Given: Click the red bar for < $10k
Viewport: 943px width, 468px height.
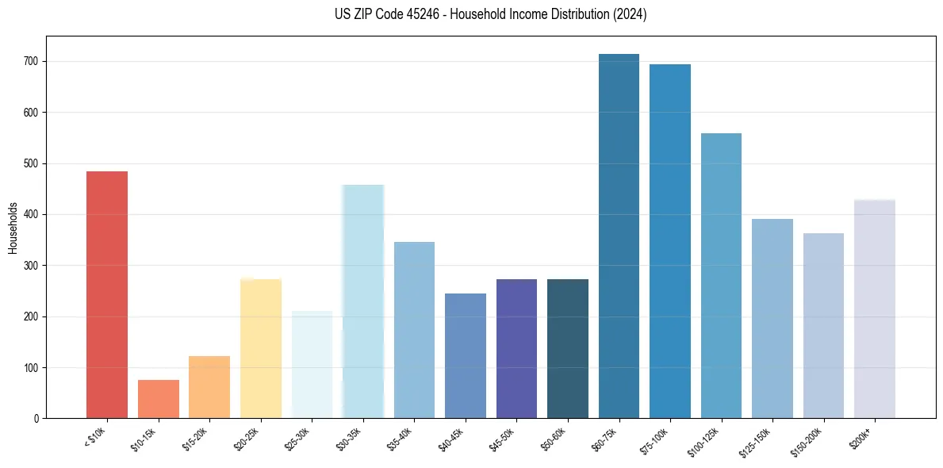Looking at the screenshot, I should tap(107, 294).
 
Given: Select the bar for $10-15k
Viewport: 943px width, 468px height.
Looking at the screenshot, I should tap(158, 399).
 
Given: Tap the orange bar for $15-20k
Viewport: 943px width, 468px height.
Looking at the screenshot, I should tap(209, 387).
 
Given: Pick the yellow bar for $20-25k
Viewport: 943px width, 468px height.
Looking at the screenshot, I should tap(261, 348).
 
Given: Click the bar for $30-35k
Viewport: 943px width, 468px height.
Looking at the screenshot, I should tap(363, 301).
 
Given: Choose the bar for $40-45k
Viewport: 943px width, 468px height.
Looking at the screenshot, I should tap(466, 355).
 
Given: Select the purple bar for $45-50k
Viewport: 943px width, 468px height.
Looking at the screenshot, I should tap(516, 348).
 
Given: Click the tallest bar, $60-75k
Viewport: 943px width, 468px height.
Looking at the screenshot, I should tap(619, 236).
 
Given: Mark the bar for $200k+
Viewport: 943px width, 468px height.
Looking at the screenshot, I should tap(875, 309).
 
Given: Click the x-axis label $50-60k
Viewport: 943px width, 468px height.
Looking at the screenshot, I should tap(553, 437).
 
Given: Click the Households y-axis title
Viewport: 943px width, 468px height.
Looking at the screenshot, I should tap(13, 227).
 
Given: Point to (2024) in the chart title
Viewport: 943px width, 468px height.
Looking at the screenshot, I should tap(631, 14).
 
